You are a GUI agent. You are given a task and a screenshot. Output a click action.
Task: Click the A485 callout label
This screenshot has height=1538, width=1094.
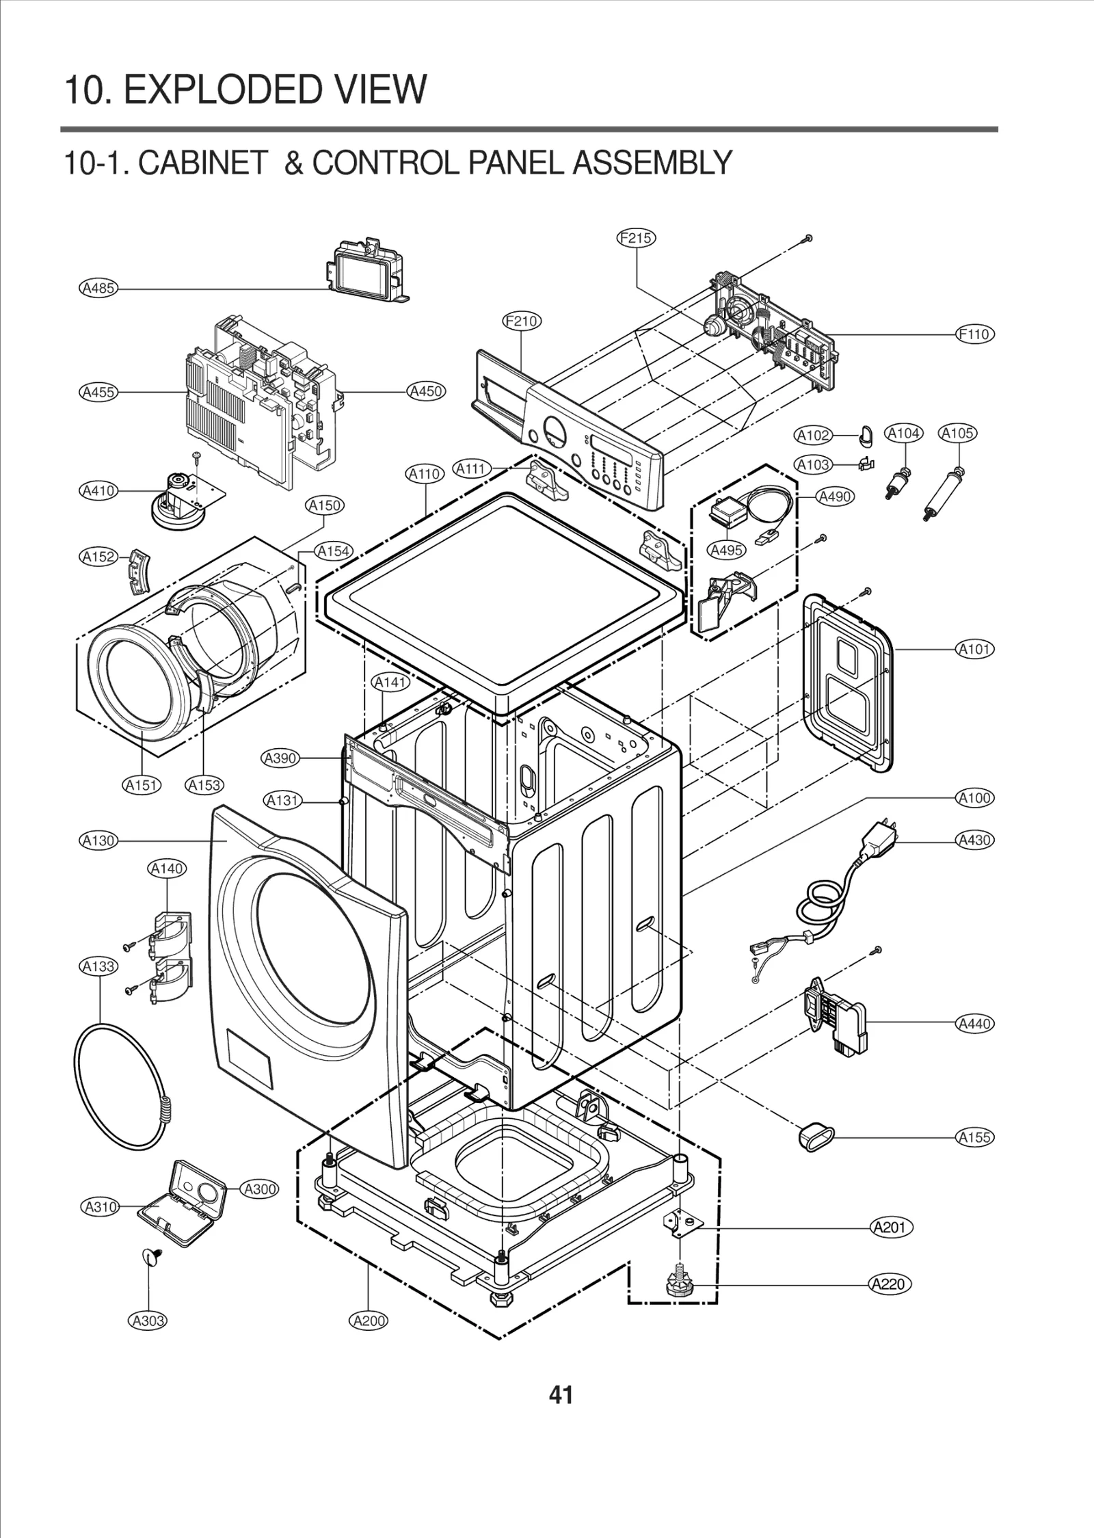tap(98, 288)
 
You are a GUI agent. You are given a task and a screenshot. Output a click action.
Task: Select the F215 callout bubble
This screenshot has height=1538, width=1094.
tap(636, 238)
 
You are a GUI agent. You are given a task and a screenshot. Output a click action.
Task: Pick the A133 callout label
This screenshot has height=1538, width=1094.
tap(98, 966)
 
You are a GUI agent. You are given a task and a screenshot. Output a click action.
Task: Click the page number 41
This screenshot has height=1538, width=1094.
tap(561, 1394)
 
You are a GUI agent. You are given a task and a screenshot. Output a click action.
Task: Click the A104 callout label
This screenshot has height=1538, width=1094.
tap(903, 433)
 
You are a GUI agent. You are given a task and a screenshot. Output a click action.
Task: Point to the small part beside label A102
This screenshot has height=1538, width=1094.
tap(865, 434)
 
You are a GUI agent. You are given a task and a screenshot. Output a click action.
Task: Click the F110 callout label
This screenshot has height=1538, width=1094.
tap(974, 334)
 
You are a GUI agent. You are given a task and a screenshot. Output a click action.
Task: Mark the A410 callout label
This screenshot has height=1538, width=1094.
tap(98, 490)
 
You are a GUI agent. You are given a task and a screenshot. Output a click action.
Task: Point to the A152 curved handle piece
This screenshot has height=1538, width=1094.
tap(141, 565)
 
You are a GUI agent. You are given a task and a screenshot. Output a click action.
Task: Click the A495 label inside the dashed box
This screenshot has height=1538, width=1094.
tap(726, 550)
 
